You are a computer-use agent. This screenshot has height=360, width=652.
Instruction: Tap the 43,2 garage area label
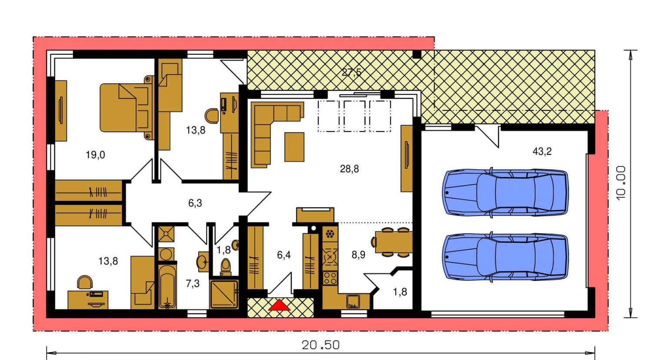point(542,151)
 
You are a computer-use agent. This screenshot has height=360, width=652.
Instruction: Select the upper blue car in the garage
point(505,193)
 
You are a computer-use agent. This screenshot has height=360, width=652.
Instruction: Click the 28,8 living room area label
point(349,169)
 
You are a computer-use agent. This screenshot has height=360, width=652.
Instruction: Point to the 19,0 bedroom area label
point(95,155)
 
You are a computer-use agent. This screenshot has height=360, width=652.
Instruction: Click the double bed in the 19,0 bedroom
point(127,108)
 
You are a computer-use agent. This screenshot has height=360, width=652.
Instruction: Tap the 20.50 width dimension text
point(320,345)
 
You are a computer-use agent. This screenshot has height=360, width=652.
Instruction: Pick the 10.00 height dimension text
point(621,183)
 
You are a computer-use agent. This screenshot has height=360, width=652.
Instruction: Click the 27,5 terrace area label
point(351,72)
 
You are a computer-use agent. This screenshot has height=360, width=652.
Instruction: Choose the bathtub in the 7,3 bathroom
point(167,287)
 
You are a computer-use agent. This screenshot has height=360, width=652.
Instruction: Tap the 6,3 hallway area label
point(195,203)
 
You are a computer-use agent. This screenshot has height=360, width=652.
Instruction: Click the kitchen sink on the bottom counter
point(353,301)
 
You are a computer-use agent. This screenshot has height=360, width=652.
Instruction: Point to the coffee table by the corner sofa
point(294,147)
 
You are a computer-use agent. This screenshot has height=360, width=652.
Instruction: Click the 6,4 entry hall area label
point(283,255)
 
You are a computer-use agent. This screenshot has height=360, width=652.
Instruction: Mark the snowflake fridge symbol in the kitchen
point(330,234)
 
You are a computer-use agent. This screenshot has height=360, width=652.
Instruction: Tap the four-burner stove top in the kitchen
point(330,277)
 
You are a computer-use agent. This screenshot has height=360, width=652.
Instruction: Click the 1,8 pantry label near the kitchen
point(400,292)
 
